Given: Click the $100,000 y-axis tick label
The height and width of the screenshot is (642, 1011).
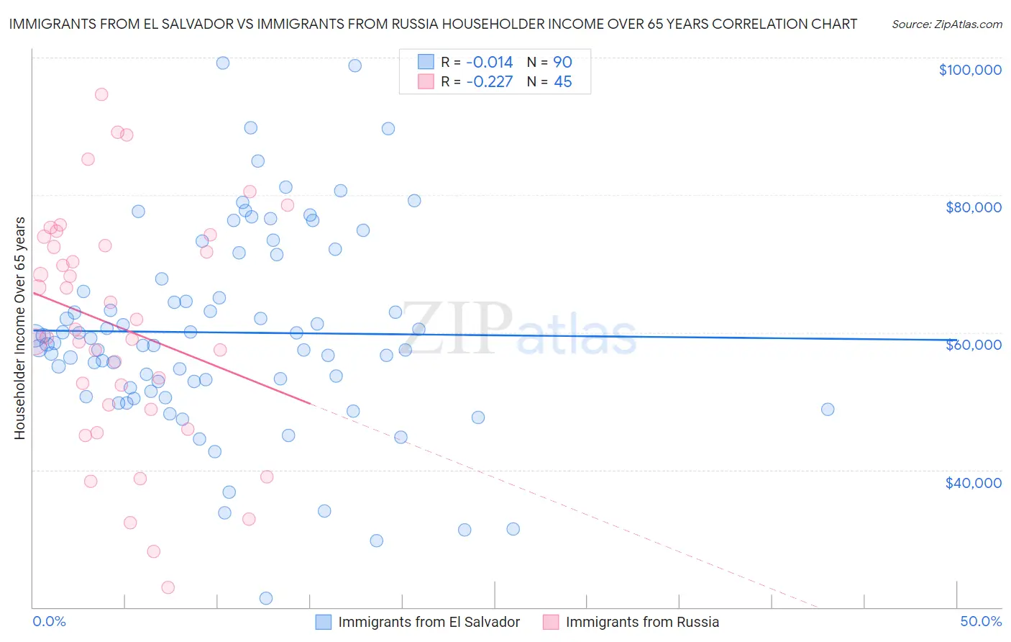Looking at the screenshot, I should tap(970, 70).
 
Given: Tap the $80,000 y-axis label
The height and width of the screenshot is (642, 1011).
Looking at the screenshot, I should tap(973, 207).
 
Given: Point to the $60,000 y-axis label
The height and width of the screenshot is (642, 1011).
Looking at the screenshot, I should tap(973, 345).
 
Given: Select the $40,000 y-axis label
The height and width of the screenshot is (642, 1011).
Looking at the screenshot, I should tap(973, 482).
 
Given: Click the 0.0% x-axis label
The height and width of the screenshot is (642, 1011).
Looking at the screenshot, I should tap(49, 621).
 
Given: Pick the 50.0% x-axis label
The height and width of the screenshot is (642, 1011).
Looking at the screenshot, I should tap(981, 621).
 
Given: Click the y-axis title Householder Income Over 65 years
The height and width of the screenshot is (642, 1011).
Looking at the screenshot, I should tap(20, 327).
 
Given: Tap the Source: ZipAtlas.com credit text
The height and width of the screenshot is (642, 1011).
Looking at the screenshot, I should tap(946, 24).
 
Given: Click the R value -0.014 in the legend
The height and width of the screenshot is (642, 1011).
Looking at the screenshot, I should tap(489, 63).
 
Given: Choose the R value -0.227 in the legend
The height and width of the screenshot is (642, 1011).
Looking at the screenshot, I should tap(489, 82).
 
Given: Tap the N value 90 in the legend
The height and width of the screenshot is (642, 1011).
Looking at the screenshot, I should tap(562, 63).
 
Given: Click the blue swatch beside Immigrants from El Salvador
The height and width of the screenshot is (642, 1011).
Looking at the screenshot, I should tap(324, 622).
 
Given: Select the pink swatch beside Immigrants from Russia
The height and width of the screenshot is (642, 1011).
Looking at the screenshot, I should tap(551, 622).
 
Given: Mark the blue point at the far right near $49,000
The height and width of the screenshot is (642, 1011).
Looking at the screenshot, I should tap(828, 409).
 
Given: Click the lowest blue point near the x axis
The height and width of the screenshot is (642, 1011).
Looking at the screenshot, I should tap(266, 598).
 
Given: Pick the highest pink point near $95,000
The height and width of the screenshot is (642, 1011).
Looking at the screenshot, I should tap(101, 94).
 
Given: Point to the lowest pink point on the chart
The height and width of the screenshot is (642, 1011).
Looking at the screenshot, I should tap(168, 587).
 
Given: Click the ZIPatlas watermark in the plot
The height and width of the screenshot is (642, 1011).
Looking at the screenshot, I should tap(518, 330).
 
